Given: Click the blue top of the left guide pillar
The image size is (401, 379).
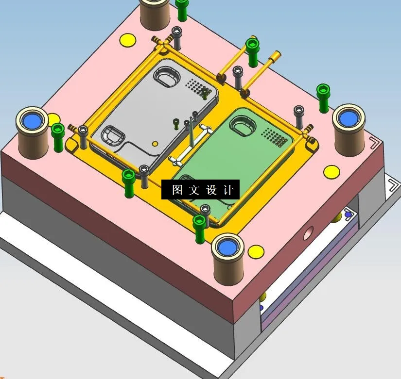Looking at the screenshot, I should point(32,120).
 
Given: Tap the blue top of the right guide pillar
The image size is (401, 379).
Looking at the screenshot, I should point(349,117).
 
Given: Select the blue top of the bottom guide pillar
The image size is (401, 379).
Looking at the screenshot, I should point(228,247).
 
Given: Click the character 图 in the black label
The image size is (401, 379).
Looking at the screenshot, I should point(177,190).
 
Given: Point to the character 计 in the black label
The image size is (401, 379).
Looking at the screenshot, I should point(229,190).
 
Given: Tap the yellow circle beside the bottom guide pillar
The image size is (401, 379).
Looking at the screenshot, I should point(256,251).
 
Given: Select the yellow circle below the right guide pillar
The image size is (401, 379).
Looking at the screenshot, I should point(331,171).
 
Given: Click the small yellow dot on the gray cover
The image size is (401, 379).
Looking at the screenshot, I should point(155,144).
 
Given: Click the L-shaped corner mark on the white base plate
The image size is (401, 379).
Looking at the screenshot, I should point(392,186).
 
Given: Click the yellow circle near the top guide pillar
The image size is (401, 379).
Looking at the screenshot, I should point(128,40).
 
